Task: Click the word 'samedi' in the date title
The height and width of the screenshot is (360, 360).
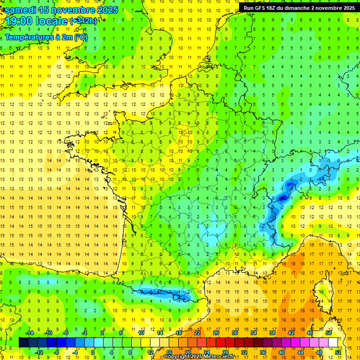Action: [x=20, y=10]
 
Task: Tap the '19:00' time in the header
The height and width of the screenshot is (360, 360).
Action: [x=18, y=21]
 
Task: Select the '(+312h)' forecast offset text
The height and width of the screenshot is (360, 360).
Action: [x=83, y=21]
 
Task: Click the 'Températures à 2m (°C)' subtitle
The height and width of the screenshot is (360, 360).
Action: [x=46, y=37]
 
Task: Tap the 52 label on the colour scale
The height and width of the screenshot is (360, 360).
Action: [x=338, y=352]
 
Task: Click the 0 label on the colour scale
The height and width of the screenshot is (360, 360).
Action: [x=93, y=352]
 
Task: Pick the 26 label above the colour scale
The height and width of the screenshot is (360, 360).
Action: [x=216, y=332]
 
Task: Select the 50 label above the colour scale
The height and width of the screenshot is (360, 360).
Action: [x=329, y=332]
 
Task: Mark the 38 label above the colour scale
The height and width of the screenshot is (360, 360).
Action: [x=272, y=332]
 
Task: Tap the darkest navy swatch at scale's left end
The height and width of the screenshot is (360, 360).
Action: [x=23, y=342]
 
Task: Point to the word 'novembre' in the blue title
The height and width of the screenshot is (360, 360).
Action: [x=74, y=10]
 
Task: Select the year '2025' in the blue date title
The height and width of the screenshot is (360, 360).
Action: [x=108, y=10]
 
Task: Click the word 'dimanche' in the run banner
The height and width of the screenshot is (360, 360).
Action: [x=305, y=7]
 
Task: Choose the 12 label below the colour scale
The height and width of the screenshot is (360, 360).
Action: [x=150, y=352]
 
